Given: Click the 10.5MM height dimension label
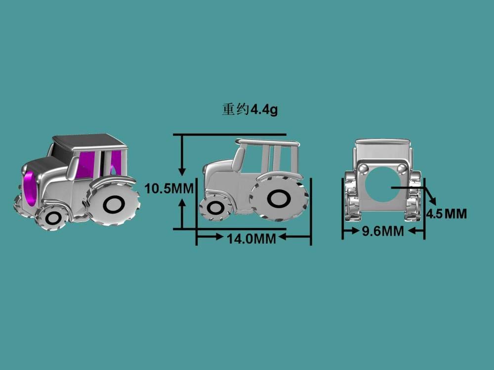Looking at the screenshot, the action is [169, 189].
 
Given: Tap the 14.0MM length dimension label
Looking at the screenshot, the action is [251, 239].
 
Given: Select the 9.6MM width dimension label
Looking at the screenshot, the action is [383, 231].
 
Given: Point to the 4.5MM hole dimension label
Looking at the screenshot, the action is [447, 214].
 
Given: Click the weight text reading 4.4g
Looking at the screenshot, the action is [264, 110].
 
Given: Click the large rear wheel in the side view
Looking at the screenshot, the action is [279, 198].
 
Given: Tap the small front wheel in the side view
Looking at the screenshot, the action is [215, 208].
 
